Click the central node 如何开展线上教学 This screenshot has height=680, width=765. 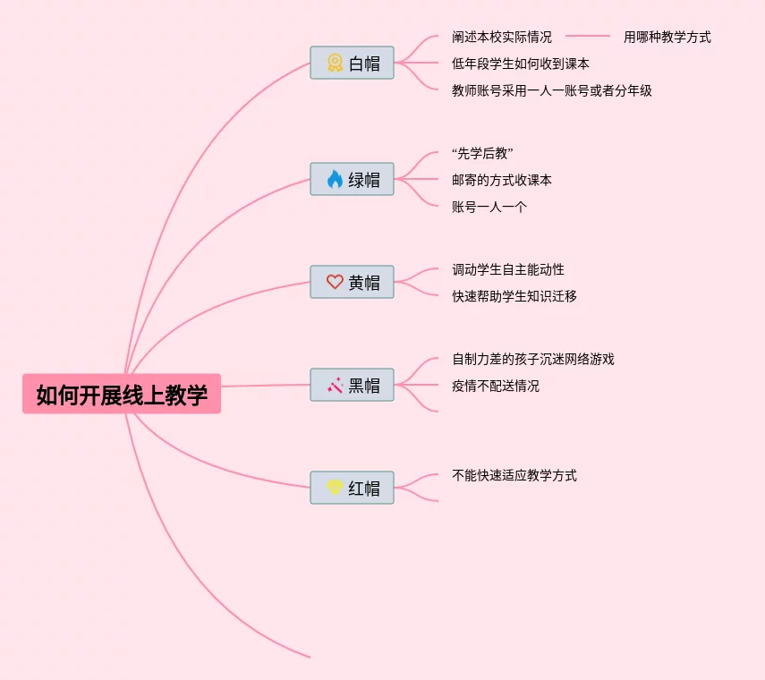122,395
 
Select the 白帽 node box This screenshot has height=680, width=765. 353,64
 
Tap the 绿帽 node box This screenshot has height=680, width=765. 353,180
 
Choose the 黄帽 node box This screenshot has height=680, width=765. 353,283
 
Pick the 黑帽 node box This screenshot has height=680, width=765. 353,386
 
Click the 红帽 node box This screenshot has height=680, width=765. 353,489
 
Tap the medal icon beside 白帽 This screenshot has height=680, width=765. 335,64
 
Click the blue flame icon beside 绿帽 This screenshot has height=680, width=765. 335,180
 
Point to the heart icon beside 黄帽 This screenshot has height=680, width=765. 335,282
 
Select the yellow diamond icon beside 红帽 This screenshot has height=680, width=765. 335,488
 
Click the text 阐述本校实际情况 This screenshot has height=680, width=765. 502,37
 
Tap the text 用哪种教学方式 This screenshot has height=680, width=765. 667,37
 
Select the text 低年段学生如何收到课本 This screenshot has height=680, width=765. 521,64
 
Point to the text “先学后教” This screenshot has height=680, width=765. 482,153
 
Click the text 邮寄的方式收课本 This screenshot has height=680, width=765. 502,180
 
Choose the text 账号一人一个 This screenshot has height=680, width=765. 489,207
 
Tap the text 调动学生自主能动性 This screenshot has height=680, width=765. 508,269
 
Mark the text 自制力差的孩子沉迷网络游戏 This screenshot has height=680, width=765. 533,359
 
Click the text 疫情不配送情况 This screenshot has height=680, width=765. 496,386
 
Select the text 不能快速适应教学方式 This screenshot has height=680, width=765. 514,475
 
